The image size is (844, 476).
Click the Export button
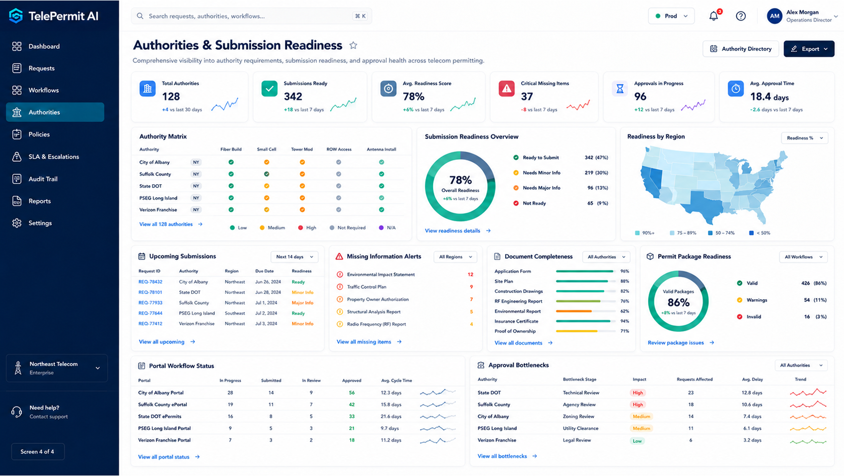[809, 49]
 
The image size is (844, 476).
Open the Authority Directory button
[740, 49]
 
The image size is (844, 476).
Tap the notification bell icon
[713, 16]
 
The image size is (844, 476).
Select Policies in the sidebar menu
[39, 134]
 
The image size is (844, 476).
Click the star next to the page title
[353, 45]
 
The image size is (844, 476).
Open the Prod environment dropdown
[671, 16]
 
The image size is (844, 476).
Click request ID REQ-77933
[150, 303]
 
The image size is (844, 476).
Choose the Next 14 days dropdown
[294, 257]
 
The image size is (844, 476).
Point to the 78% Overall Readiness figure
[460, 180]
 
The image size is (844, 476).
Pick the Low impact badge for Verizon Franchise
[637, 441]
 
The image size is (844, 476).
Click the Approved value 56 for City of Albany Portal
[352, 393]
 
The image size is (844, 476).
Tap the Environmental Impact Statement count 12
[470, 274]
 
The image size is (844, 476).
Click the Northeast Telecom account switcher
[57, 368]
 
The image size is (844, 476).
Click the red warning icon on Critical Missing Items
[506, 89]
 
